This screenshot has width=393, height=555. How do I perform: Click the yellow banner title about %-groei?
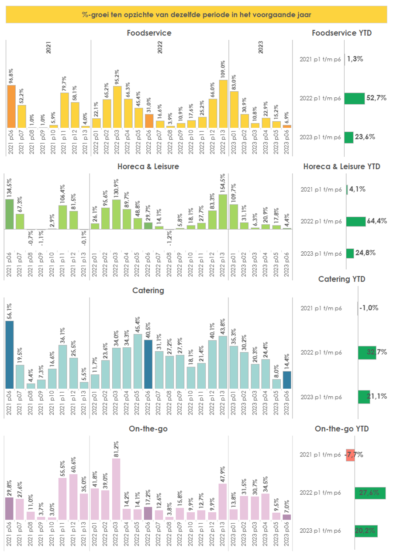tap(196, 15)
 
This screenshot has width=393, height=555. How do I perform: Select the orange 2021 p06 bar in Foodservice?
tap(11, 106)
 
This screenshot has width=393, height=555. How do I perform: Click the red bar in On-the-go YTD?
tap(350, 455)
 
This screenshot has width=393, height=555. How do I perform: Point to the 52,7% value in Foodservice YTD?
tap(377, 98)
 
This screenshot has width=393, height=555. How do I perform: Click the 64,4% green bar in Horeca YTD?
tap(356, 222)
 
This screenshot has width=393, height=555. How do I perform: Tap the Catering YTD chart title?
tap(342, 279)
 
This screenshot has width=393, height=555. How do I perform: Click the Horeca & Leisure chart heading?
tap(148, 166)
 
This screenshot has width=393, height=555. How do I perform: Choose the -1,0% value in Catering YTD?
tap(369, 308)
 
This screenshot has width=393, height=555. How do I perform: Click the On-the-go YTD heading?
tap(342, 429)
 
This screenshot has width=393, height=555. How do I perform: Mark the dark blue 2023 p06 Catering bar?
tap(287, 380)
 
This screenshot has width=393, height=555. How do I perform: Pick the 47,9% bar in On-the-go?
tap(223, 502)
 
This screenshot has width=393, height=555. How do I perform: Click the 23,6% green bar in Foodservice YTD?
tap(348, 137)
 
